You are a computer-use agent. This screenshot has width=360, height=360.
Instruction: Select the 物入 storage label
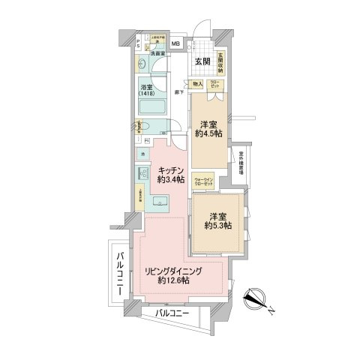click(198, 85)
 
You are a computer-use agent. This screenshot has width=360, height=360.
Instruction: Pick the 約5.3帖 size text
click(218, 224)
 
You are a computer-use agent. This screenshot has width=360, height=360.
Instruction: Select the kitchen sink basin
click(160, 202)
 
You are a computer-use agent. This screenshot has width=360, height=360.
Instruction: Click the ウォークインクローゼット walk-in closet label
click(203, 181)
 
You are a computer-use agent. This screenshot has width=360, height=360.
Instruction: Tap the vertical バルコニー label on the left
click(119, 274)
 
